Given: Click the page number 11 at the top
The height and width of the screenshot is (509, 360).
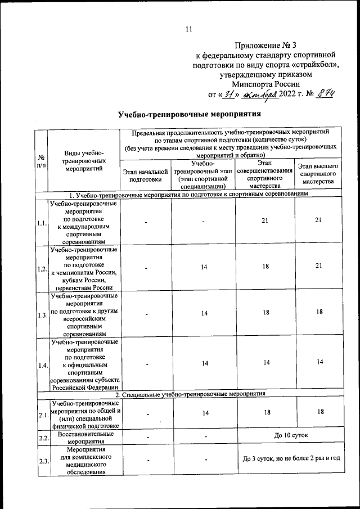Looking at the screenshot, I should (x=188, y=29).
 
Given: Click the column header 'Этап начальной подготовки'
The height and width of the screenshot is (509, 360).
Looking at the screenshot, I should (x=145, y=174).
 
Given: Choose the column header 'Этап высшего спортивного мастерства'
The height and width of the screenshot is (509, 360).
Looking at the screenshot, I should (x=318, y=174).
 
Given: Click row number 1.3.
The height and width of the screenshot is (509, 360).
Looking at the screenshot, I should (x=41, y=316).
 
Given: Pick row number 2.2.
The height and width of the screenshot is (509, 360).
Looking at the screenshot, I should (x=41, y=437).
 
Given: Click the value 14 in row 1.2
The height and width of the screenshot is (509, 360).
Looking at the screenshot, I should (x=205, y=268).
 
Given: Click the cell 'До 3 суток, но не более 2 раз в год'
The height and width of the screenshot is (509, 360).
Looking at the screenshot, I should (x=291, y=459).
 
